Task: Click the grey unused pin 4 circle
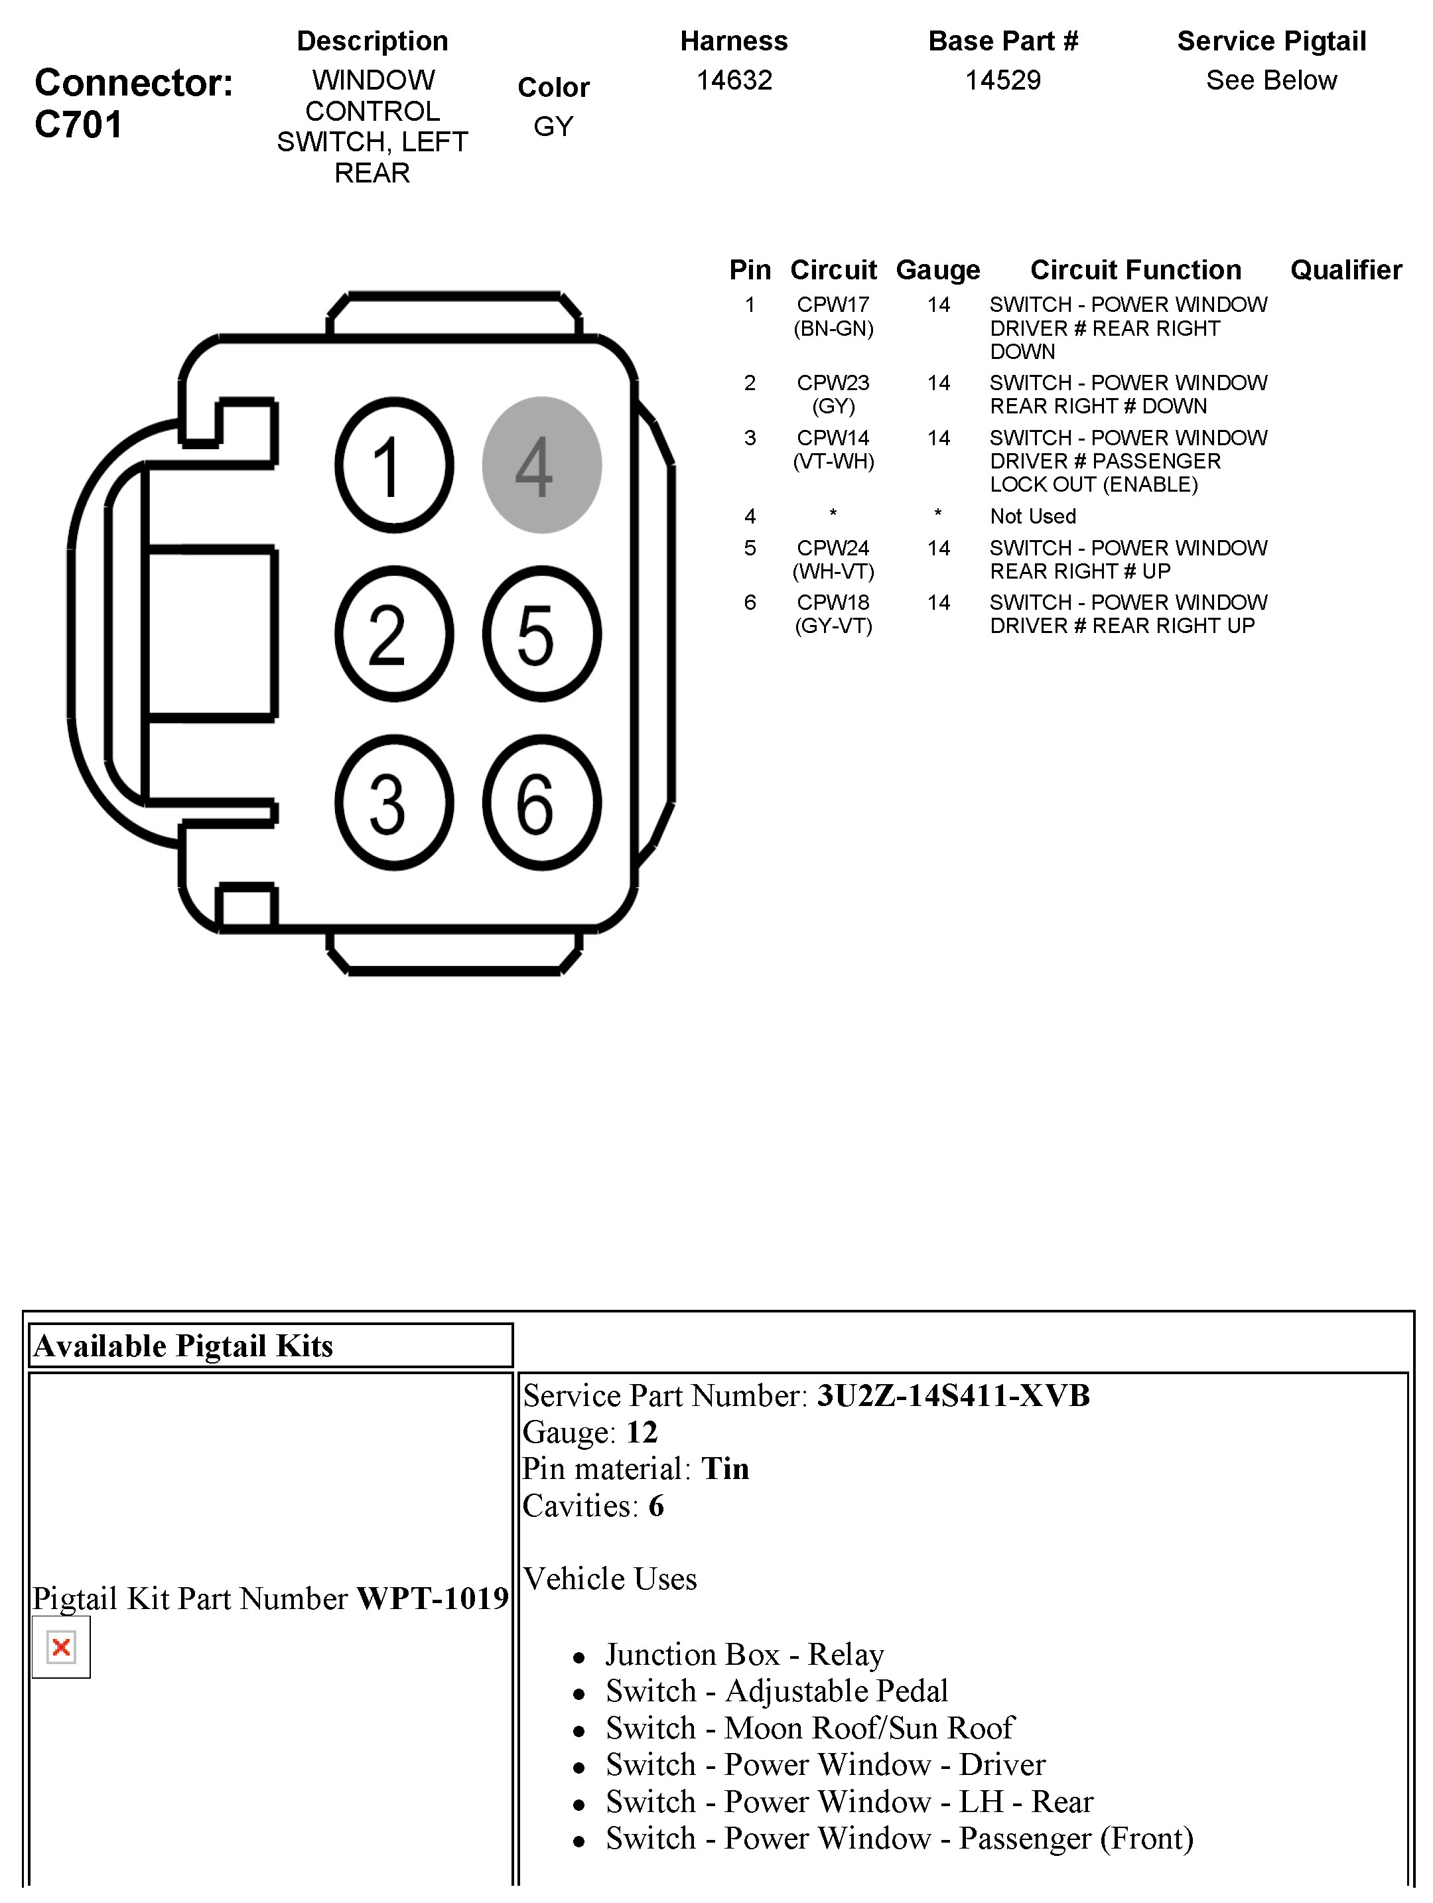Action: pyautogui.click(x=541, y=464)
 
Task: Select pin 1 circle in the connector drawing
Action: pyautogui.click(x=394, y=464)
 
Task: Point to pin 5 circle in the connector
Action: pyautogui.click(x=541, y=634)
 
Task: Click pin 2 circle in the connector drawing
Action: pyautogui.click(x=394, y=634)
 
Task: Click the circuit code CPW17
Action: pyautogui.click(x=833, y=305)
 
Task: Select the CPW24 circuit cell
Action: pyautogui.click(x=833, y=548)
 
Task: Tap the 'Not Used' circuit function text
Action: pyautogui.click(x=1032, y=516)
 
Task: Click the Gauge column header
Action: pyautogui.click(x=937, y=270)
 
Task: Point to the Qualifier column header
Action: pyautogui.click(x=1345, y=270)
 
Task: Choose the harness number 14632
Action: pyautogui.click(x=734, y=80)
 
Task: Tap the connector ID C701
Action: pyautogui.click(x=78, y=125)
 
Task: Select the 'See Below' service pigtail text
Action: pyautogui.click(x=1270, y=80)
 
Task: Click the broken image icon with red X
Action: pyautogui.click(x=61, y=1647)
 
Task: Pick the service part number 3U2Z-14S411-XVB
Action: pyautogui.click(x=953, y=1395)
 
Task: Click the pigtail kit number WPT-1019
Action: pyautogui.click(x=433, y=1598)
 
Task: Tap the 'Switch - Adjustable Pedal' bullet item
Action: pyautogui.click(x=776, y=1691)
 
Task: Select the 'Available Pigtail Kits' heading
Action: pyautogui.click(x=183, y=1346)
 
